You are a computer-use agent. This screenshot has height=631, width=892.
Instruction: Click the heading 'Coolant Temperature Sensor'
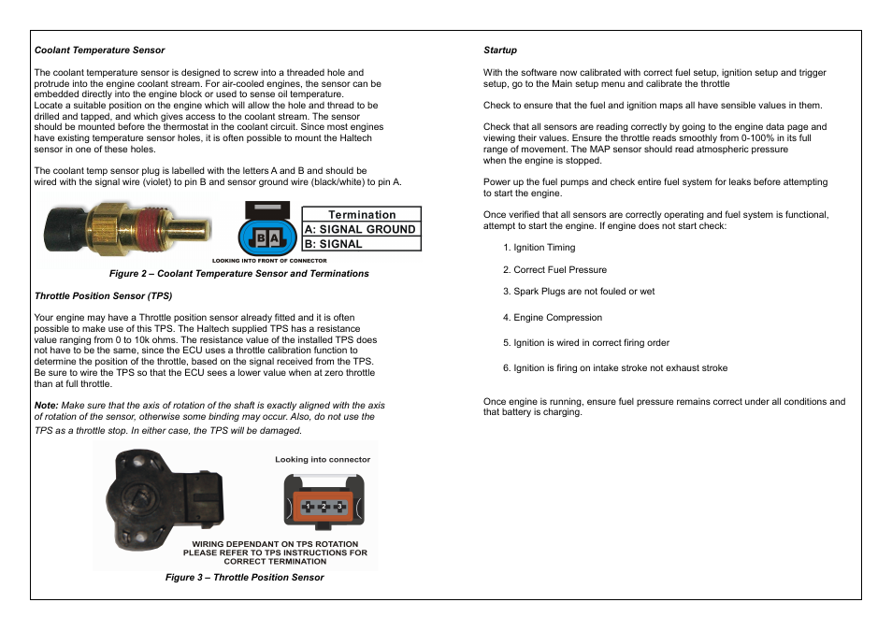point(99,50)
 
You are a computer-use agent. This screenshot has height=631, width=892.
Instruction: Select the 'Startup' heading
point(500,50)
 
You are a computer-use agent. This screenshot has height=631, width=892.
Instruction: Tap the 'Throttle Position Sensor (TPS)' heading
point(103,296)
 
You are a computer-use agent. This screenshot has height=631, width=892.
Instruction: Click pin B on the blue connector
point(263,239)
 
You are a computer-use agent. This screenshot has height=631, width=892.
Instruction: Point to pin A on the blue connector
point(275,239)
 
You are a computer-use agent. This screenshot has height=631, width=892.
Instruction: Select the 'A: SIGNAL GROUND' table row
point(361,229)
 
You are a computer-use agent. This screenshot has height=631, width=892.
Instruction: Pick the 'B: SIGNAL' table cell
point(361,244)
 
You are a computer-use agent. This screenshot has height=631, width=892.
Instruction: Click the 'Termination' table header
point(361,214)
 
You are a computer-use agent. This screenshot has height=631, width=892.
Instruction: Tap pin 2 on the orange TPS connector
point(323,506)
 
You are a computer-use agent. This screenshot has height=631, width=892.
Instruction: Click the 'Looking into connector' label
point(323,460)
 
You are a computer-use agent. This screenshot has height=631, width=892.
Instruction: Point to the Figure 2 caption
point(239,274)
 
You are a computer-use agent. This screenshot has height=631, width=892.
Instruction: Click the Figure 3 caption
point(245,578)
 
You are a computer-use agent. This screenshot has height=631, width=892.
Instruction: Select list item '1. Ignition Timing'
point(540,248)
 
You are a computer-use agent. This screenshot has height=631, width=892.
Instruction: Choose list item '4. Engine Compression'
point(553,318)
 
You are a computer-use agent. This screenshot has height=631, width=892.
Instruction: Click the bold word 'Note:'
point(47,406)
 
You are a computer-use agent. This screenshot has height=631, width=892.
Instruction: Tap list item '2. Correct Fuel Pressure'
point(554,270)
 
